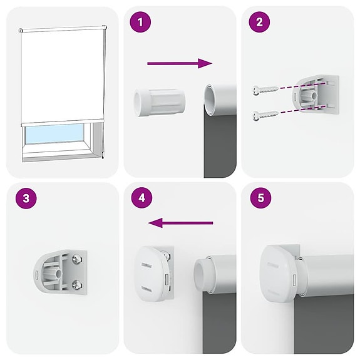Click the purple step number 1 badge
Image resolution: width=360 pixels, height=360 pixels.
click(140, 24)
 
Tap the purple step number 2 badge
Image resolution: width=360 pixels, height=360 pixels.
click(258, 24)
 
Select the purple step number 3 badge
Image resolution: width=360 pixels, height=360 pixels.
click(24, 198)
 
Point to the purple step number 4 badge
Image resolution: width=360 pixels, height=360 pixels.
click(141, 198)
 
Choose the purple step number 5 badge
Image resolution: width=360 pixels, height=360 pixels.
click(259, 198)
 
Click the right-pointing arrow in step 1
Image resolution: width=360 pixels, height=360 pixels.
click(179, 63)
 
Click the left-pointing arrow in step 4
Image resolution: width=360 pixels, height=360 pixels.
click(182, 222)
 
